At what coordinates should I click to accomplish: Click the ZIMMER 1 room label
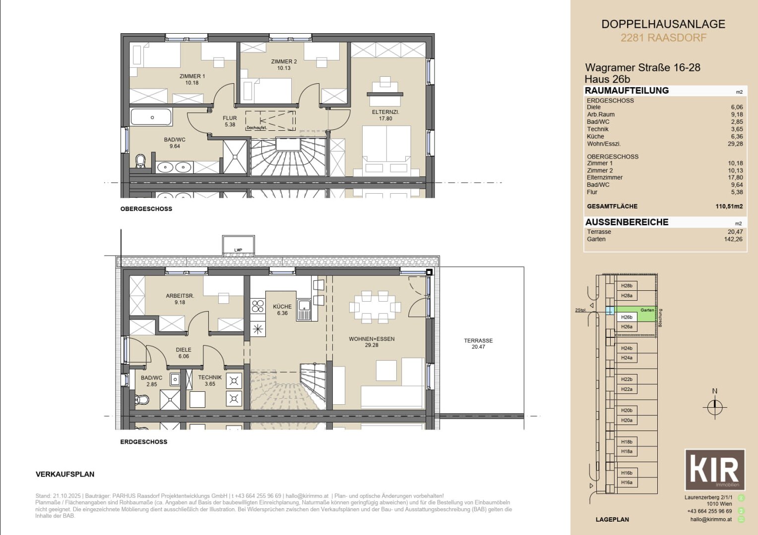click(x=192, y=80)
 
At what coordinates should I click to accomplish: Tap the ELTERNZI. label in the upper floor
click(x=385, y=115)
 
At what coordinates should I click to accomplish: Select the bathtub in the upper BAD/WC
click(x=151, y=117)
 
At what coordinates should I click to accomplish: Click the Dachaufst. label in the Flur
click(x=256, y=128)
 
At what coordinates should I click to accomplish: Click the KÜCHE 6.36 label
click(x=282, y=310)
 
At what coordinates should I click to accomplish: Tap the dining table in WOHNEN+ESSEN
click(x=375, y=307)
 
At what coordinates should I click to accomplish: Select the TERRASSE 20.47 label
click(x=478, y=344)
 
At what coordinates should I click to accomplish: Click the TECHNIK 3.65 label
click(x=210, y=380)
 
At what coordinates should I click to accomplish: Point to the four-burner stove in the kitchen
click(x=257, y=306)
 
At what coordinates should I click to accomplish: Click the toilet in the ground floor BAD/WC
click(x=142, y=399)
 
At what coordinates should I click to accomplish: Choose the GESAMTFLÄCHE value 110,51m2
click(x=729, y=207)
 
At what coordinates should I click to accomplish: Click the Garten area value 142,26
click(x=733, y=239)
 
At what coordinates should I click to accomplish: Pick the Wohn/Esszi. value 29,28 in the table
click(x=735, y=144)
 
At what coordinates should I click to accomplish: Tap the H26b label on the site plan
click(x=627, y=317)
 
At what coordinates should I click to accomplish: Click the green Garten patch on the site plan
click(x=647, y=314)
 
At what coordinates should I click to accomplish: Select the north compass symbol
click(x=714, y=407)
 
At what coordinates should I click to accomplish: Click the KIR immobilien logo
click(x=715, y=470)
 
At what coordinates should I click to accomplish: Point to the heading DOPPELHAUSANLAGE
click(x=663, y=24)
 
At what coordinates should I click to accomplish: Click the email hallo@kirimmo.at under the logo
click(x=711, y=519)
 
